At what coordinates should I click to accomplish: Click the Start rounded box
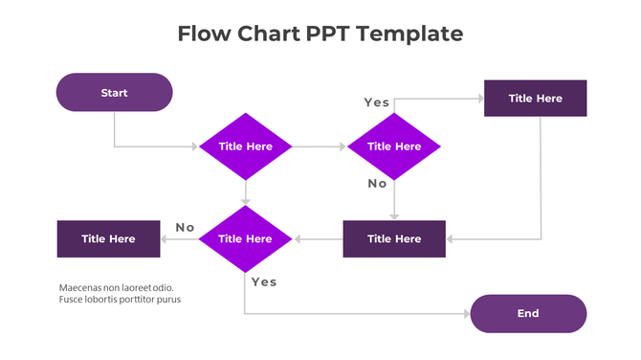pos(114,93)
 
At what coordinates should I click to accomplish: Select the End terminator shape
pos(528,313)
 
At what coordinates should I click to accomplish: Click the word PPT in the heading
pos(330,34)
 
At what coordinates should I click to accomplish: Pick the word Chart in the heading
pos(271,34)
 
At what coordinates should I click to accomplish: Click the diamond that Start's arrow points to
pos(246,146)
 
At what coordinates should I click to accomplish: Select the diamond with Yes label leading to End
pos(246,239)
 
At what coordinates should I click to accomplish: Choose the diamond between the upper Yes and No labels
pos(394,146)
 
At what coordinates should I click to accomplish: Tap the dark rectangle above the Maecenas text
pos(108,239)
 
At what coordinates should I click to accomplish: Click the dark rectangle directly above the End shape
pos(535,99)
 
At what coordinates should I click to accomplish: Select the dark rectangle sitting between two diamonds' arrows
pos(394,239)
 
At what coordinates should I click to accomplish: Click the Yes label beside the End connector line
pos(263,282)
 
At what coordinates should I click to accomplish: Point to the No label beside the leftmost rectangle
pos(185,228)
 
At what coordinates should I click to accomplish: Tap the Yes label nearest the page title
pos(376,102)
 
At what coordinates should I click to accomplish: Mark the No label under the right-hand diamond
pos(377,184)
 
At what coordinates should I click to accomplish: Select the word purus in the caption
pos(168,300)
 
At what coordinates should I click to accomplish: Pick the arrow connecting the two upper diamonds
pos(320,146)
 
